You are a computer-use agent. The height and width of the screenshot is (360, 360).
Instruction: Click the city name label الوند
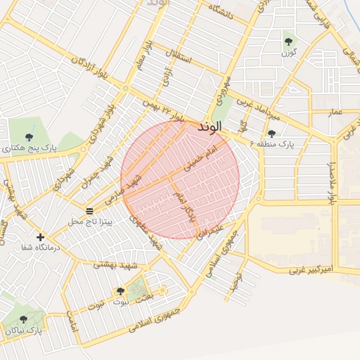[210, 127]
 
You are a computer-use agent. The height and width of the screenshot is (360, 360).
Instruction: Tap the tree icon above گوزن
[288, 41]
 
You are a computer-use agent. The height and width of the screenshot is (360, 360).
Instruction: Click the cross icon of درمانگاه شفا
[39, 238]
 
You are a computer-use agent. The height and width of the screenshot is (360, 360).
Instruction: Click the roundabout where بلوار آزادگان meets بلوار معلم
[126, 88]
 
